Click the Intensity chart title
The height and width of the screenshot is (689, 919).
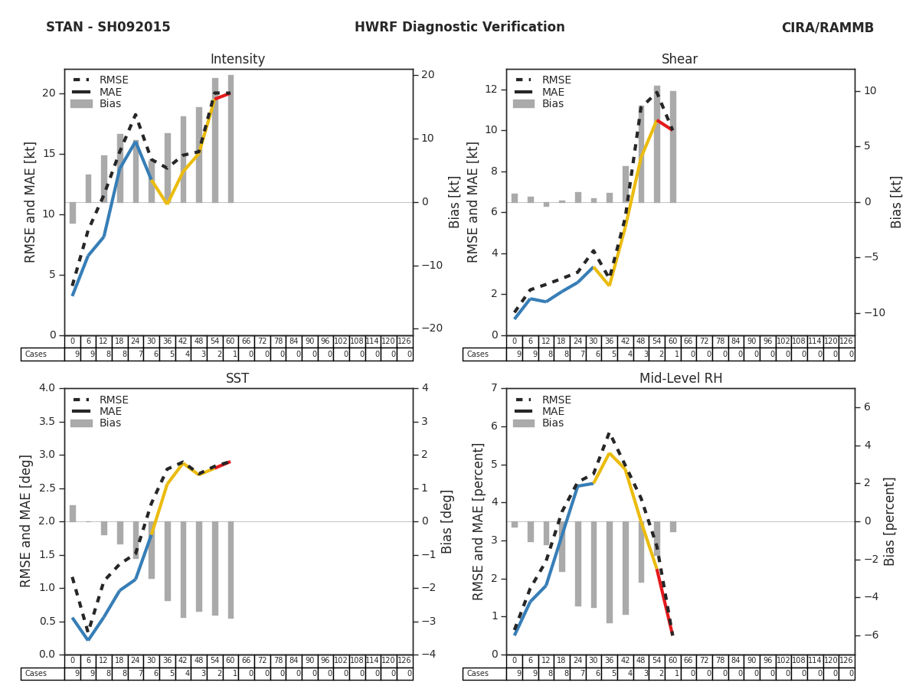237,60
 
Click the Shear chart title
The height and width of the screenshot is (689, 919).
679,60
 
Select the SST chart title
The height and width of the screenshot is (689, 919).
237,379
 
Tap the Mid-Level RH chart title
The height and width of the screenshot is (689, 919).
680,379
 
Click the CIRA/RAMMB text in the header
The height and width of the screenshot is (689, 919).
827,28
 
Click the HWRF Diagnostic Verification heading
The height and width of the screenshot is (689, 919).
459,28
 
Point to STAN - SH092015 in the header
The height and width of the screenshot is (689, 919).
108,28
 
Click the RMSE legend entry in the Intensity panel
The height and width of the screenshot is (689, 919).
113,80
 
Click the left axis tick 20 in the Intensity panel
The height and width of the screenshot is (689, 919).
49,93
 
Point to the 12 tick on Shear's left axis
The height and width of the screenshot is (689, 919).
492,90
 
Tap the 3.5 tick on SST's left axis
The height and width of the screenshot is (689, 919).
46,421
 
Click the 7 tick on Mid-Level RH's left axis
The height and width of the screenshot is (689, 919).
495,388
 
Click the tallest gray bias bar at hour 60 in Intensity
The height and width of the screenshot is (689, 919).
231,138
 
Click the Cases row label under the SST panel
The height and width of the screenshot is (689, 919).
36,674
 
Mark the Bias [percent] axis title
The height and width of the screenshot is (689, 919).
890,521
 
